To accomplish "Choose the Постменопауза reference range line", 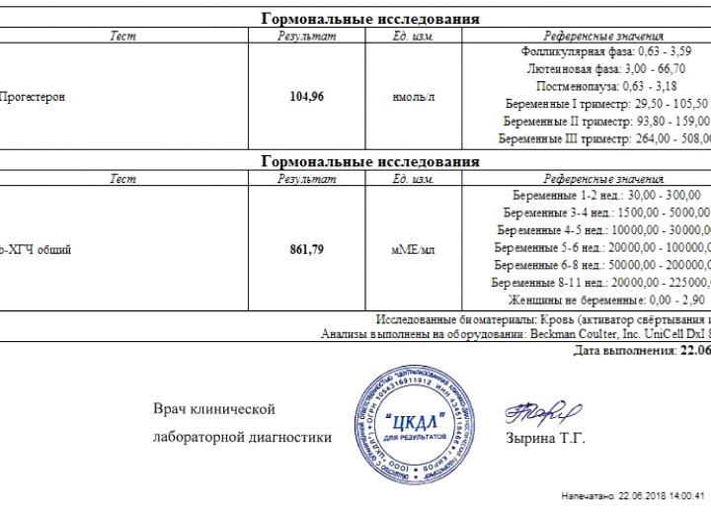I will tap(603, 86).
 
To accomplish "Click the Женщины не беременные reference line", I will tap(603, 299).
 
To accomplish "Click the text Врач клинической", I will tap(214, 409).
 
